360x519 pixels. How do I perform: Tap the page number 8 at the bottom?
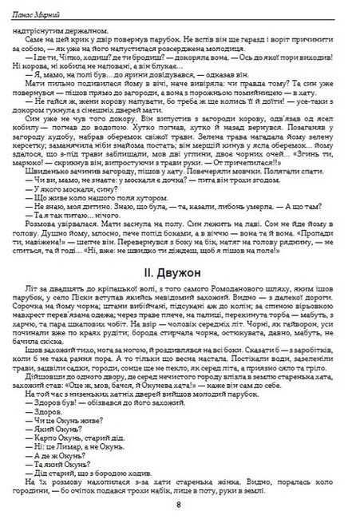(179, 504)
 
